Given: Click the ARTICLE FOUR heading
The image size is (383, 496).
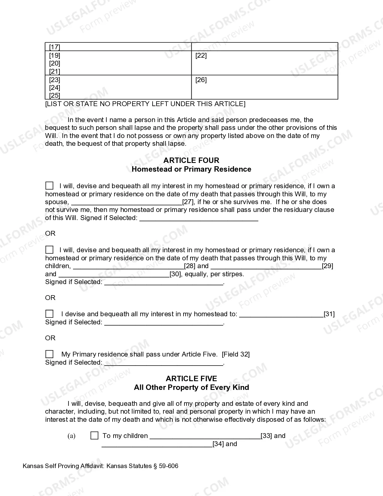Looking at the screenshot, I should [x=191, y=160].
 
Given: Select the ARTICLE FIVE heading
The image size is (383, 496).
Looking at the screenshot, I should [x=191, y=378].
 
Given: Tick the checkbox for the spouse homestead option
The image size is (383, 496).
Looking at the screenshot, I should [x=49, y=185].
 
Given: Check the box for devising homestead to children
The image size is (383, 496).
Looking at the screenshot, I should [x=49, y=250].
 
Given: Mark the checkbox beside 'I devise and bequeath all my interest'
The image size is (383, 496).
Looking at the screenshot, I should [x=49, y=314].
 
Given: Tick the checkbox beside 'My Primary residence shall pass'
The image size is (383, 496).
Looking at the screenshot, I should [x=49, y=354].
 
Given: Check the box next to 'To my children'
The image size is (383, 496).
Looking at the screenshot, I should [x=94, y=436].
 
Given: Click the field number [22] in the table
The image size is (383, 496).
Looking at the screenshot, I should [x=201, y=56].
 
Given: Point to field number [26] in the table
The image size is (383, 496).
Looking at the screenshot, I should [x=201, y=80].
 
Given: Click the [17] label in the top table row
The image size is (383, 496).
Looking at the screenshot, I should [x=55, y=47].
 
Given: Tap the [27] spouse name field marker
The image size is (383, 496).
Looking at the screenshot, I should [x=188, y=202].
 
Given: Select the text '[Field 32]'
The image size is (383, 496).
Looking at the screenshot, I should [x=236, y=354].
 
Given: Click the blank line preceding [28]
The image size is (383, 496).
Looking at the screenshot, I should [x=128, y=266].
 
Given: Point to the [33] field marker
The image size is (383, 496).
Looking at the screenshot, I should [x=266, y=436].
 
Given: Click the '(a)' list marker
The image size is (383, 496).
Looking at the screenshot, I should [x=71, y=436].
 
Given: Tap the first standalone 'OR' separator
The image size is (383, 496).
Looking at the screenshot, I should [x=50, y=234].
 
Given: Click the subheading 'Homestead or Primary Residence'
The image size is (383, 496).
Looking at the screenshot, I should [x=191, y=169].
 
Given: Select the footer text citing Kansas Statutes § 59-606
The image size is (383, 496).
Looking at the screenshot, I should [x=100, y=466].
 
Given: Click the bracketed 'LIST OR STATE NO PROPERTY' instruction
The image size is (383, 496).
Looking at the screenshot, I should [x=145, y=104].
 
